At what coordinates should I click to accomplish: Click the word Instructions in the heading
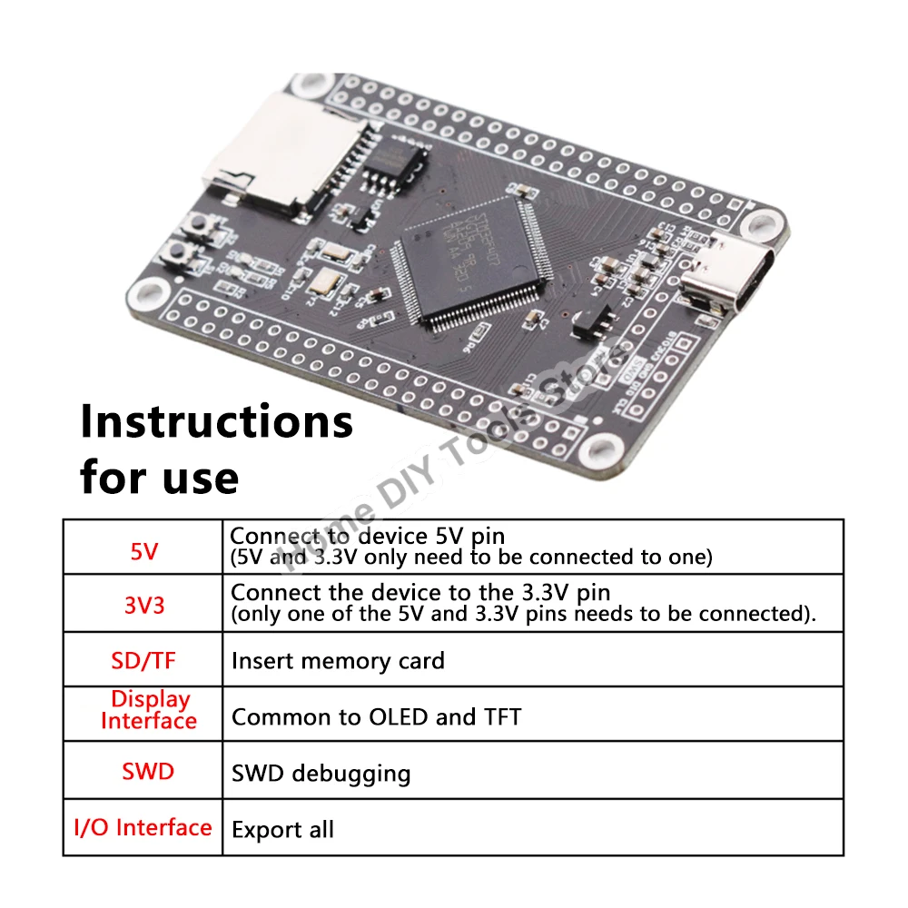[216, 421]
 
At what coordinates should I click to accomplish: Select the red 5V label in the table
[143, 551]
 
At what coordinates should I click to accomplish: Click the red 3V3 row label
[143, 605]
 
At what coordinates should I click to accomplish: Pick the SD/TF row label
[143, 660]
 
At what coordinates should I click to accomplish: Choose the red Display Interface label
[149, 710]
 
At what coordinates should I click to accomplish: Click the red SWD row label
[147, 772]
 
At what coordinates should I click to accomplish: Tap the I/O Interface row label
[143, 827]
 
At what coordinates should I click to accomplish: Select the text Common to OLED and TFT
[376, 717]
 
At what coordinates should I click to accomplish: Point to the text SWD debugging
[321, 774]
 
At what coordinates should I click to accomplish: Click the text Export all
[282, 829]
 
